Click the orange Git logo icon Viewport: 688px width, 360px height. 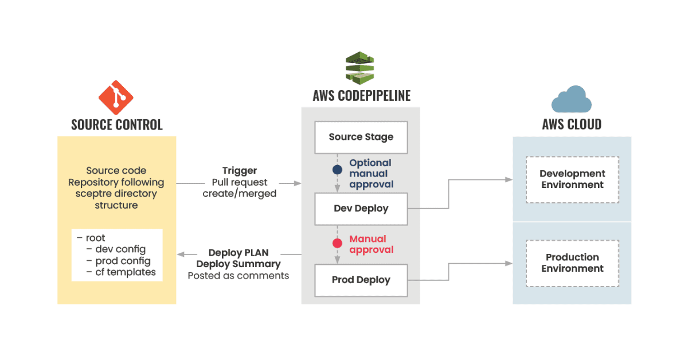click(x=116, y=97)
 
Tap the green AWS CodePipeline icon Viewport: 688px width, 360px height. click(x=359, y=68)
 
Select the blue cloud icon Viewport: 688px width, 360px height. click(x=571, y=99)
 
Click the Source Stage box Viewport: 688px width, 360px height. click(x=361, y=138)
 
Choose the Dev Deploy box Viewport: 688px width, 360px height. click(x=361, y=209)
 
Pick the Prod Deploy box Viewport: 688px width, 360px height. click(x=361, y=280)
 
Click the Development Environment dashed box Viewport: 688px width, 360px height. click(x=572, y=179)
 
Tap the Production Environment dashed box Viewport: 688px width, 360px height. click(x=572, y=263)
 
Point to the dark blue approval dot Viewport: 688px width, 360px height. click(x=337, y=170)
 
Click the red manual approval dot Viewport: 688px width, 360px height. click(x=337, y=243)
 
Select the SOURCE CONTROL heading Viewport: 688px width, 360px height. click(x=117, y=125)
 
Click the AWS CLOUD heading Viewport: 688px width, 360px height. click(x=572, y=124)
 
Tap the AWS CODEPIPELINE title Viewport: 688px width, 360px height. click(x=362, y=96)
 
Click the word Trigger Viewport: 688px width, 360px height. click(x=240, y=170)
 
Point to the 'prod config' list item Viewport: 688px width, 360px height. click(x=123, y=261)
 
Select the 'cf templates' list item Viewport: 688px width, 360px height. click(x=126, y=272)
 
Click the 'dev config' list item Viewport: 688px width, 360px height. click(x=120, y=249)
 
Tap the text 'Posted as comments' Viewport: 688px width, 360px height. click(x=239, y=276)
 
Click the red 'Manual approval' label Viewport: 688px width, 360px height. click(x=372, y=244)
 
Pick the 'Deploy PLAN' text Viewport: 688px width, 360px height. click(x=239, y=252)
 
